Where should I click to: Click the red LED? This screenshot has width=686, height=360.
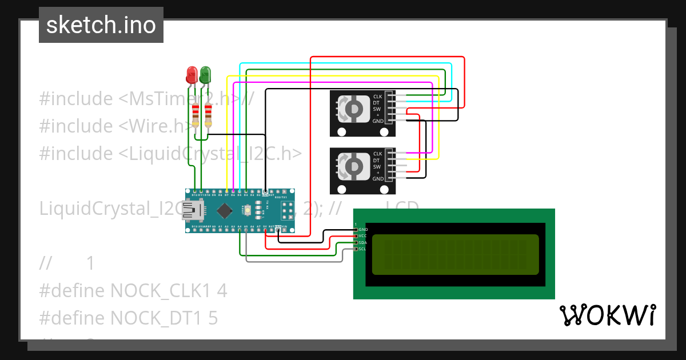(192, 74)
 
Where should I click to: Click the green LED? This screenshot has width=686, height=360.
(205, 74)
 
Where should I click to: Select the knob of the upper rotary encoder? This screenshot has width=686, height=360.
(353, 108)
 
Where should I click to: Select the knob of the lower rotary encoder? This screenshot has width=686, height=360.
(353, 165)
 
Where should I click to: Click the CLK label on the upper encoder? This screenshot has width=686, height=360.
(377, 97)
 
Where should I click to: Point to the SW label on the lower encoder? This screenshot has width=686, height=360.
(377, 166)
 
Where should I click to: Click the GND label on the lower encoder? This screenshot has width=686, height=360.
(378, 179)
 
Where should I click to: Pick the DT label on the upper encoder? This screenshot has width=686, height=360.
(377, 103)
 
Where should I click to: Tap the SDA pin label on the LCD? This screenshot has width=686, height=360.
(362, 242)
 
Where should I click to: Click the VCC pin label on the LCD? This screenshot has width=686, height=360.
(362, 236)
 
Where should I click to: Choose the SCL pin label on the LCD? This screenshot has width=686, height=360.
(362, 249)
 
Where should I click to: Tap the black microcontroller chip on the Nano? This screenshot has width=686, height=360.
(224, 211)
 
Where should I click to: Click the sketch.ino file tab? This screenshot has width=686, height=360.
(101, 25)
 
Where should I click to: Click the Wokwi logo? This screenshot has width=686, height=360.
(607, 315)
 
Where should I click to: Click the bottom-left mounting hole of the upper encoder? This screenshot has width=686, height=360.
(341, 132)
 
